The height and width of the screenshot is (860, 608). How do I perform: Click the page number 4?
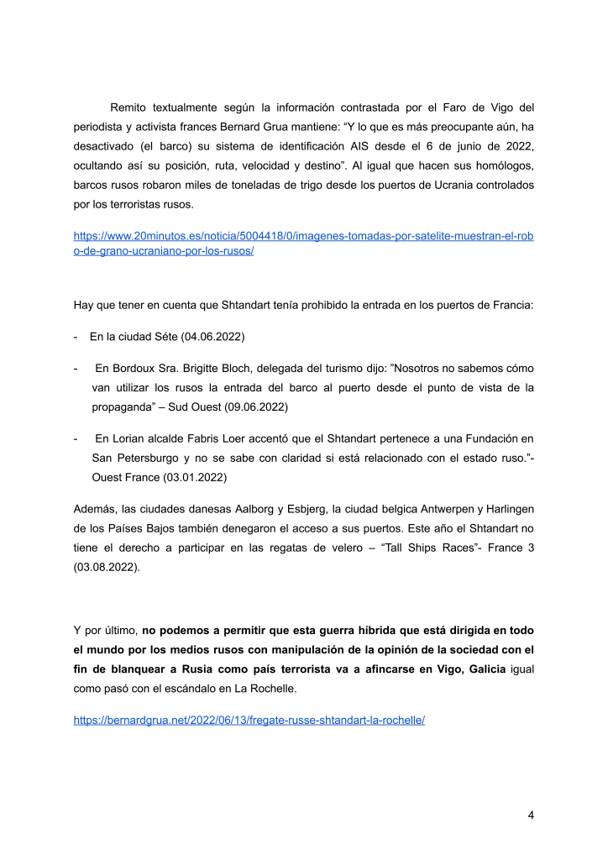531,814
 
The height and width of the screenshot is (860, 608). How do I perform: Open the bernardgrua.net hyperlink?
249,720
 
